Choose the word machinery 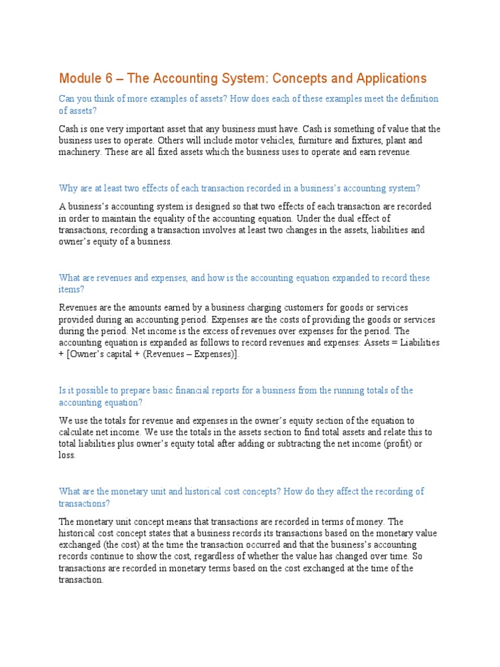pyautogui.click(x=79, y=152)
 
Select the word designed pyautogui.click(x=212, y=206)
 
